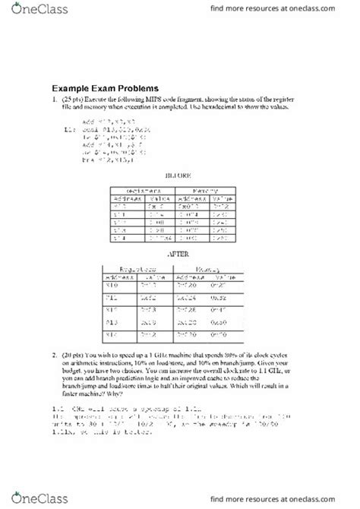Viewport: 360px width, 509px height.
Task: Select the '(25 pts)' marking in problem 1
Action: pos(75,101)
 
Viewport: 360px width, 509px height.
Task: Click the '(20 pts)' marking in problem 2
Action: pos(75,356)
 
